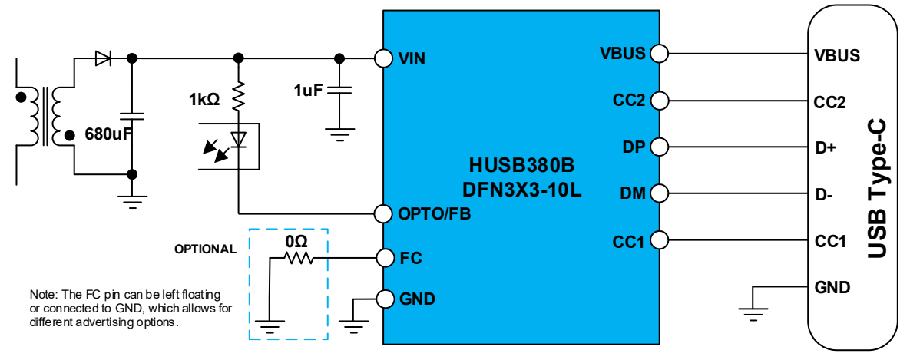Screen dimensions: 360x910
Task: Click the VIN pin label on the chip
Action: pyautogui.click(x=412, y=58)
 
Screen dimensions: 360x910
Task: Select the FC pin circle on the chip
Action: pyautogui.click(x=383, y=256)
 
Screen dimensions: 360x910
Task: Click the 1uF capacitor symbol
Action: pyautogui.click(x=339, y=90)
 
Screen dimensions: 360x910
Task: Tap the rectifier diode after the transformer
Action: pyautogui.click(x=102, y=58)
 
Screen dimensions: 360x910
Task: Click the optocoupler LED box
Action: pyautogui.click(x=228, y=145)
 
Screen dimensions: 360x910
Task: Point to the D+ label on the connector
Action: pyautogui.click(x=825, y=147)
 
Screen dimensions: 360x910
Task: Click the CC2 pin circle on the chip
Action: pyautogui.click(x=659, y=100)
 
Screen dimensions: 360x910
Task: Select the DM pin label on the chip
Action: pyautogui.click(x=632, y=194)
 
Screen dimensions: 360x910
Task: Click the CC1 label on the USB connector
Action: pyautogui.click(x=830, y=242)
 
